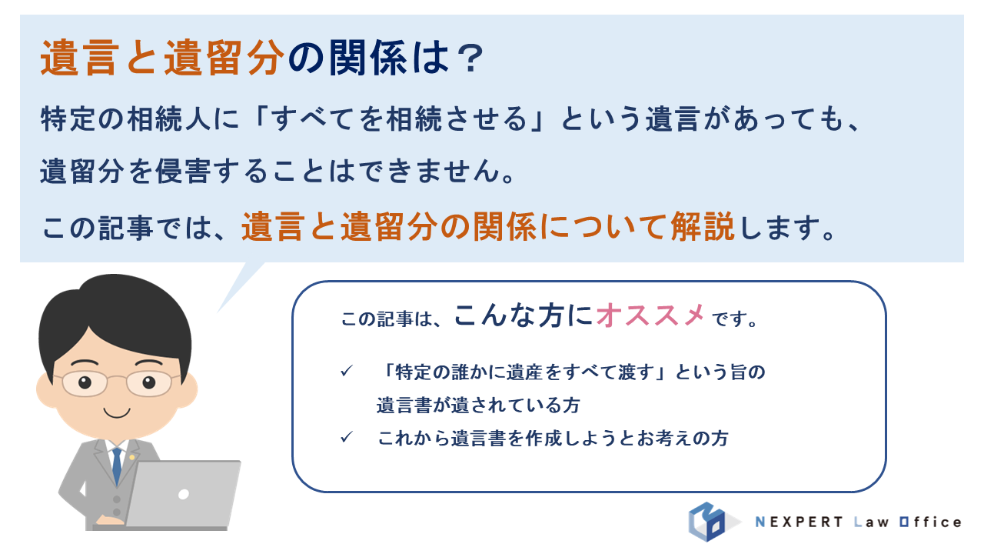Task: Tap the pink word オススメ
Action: [x=650, y=315]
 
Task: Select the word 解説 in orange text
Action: [x=703, y=227]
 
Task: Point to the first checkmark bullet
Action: [x=347, y=372]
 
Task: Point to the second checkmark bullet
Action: [x=347, y=438]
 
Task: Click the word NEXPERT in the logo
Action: [x=799, y=522]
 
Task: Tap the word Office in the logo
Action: [x=930, y=522]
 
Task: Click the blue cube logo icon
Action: [x=707, y=522]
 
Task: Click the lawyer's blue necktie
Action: [x=116, y=466]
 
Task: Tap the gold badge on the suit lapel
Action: [x=131, y=457]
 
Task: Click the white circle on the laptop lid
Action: [x=184, y=494]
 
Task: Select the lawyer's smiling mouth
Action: [x=117, y=413]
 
